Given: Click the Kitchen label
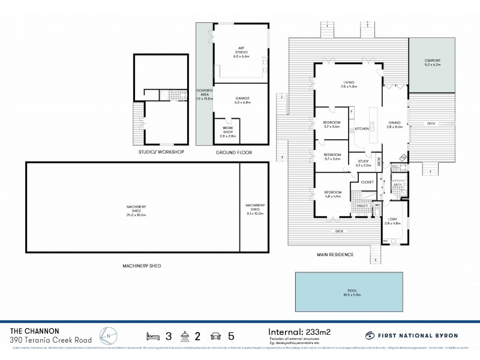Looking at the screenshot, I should [x=361, y=129].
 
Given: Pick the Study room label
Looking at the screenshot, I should [x=364, y=163].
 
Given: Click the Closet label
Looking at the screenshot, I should [x=367, y=181].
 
